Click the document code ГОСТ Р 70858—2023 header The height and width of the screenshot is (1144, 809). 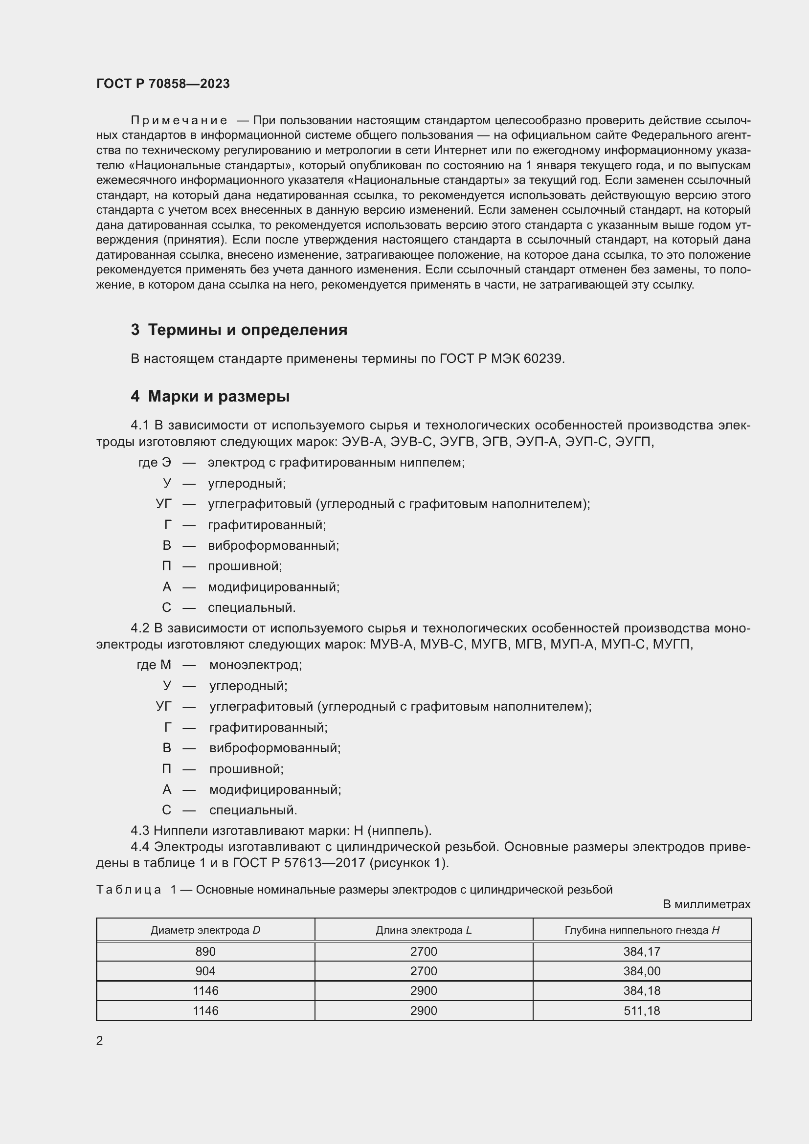(x=163, y=84)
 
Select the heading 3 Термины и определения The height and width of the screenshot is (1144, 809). (x=239, y=330)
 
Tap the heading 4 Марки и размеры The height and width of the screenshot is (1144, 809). (x=210, y=396)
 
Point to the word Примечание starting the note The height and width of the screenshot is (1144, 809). (x=179, y=121)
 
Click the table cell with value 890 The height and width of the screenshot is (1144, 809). (x=205, y=952)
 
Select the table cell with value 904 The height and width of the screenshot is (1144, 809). (x=205, y=971)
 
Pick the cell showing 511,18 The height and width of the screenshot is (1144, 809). (x=642, y=1010)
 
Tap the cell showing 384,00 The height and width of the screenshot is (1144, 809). (x=642, y=971)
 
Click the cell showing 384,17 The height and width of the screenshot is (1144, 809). (x=642, y=952)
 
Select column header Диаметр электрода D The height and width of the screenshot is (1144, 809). (x=205, y=930)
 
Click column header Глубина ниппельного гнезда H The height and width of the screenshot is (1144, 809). (x=642, y=930)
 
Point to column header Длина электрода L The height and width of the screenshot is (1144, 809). (x=424, y=930)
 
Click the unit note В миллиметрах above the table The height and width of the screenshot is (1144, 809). (x=706, y=904)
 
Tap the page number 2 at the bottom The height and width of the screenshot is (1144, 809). (x=100, y=1040)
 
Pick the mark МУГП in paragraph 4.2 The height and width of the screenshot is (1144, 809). (x=673, y=644)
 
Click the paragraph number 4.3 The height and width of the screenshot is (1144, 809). (x=140, y=830)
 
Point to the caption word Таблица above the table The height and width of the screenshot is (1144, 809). (x=129, y=890)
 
